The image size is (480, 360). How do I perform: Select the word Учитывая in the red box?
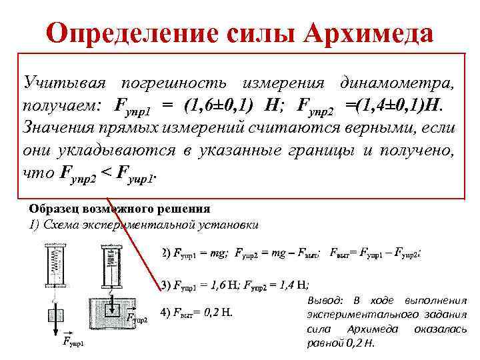63,83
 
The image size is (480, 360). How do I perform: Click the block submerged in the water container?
111,308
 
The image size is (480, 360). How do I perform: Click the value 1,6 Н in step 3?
223,285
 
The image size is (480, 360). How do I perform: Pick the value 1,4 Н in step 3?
293,285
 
